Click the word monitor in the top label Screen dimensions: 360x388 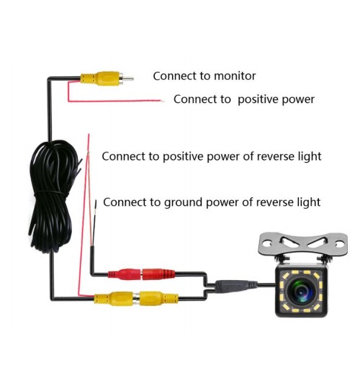[x=235, y=76]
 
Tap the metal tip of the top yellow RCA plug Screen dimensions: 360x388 [x=128, y=79]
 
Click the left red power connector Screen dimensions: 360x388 [x=125, y=274]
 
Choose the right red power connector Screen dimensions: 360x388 [x=158, y=274]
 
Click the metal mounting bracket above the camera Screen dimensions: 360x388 [x=302, y=244]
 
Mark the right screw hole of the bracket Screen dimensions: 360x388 [x=339, y=245]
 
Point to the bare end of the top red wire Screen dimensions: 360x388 [x=162, y=101]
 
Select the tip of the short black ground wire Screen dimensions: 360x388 [x=96, y=202]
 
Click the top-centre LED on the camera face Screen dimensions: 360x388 [x=301, y=272]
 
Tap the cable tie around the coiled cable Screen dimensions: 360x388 [x=50, y=192]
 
